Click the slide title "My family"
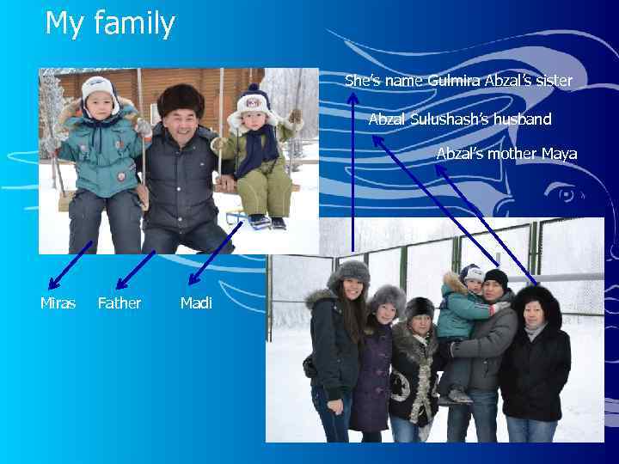pyautogui.click(x=109, y=23)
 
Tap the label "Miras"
pyautogui.click(x=58, y=303)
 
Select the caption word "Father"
pyautogui.click(x=120, y=303)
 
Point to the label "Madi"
pyautogui.click(x=196, y=303)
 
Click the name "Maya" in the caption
pyautogui.click(x=559, y=154)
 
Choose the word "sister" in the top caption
pyautogui.click(x=553, y=81)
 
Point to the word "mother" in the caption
pyautogui.click(x=513, y=154)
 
